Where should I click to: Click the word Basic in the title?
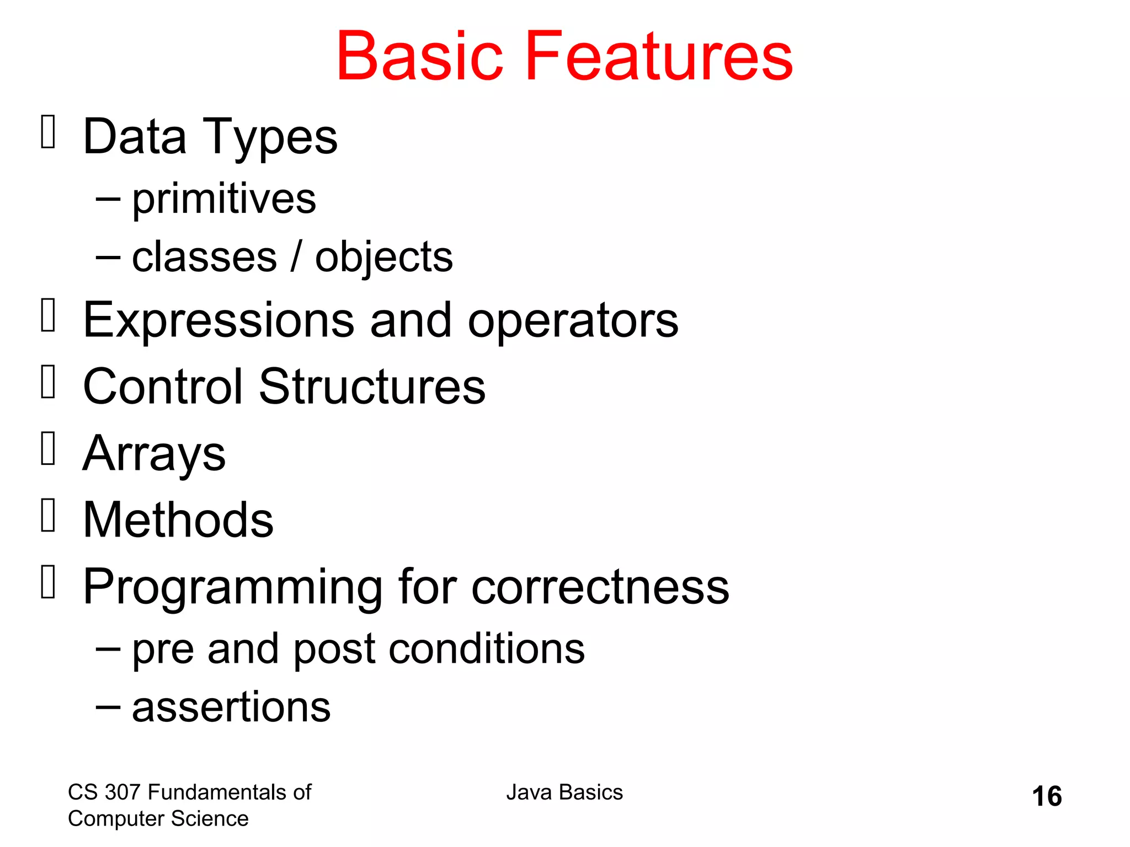pos(419,57)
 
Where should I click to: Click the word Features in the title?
pos(659,57)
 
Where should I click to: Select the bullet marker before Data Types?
pos(49,132)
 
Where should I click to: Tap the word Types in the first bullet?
pos(270,138)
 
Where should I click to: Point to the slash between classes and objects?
pos(296,256)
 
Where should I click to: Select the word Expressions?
pos(218,321)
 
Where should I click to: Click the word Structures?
pos(372,387)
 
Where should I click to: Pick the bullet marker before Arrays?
pos(49,448)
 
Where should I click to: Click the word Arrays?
pos(154,454)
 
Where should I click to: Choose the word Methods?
pos(178,520)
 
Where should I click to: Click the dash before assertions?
pos(108,706)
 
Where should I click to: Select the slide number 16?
pos(1046,796)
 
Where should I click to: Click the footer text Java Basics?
pos(564,792)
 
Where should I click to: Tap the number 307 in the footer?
pos(123,792)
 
